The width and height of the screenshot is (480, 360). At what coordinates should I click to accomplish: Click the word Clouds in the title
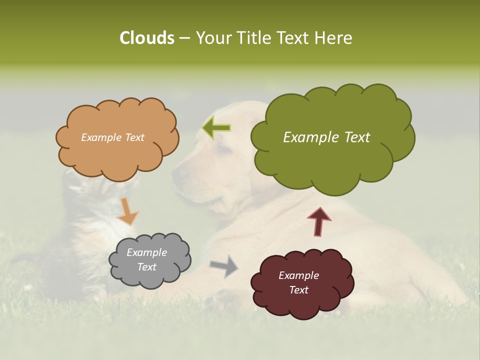pyautogui.click(x=146, y=37)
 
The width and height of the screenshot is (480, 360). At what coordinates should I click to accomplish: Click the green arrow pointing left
pyautogui.click(x=216, y=128)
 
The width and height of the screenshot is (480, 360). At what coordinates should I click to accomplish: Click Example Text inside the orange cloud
pyautogui.click(x=112, y=137)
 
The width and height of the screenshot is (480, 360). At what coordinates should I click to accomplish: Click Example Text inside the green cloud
pyautogui.click(x=326, y=137)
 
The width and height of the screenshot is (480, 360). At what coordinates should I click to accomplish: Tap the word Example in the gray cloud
pyautogui.click(x=146, y=252)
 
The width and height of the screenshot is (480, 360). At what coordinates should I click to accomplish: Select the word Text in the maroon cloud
pyautogui.click(x=299, y=290)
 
